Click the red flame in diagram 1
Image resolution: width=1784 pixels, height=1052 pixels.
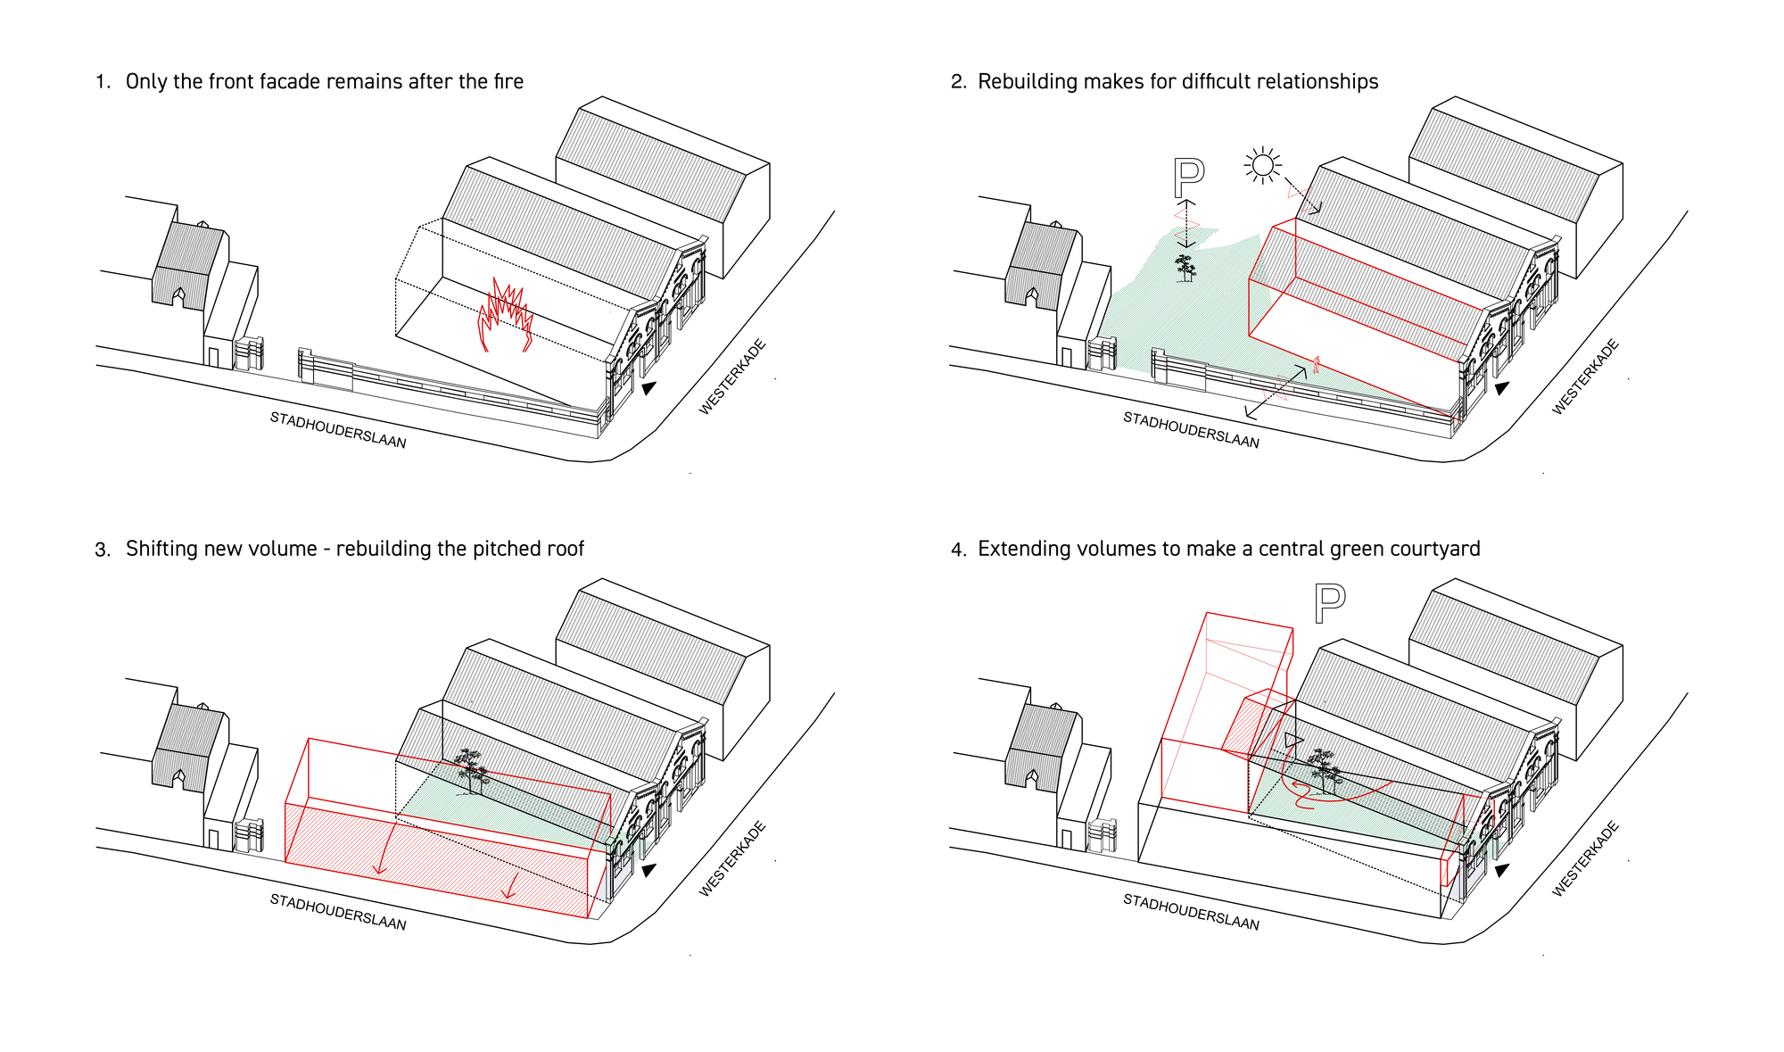pyautogui.click(x=506, y=315)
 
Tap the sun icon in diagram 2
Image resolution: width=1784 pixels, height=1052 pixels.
pyautogui.click(x=1262, y=165)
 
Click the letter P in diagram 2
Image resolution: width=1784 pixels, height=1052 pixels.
pyautogui.click(x=1188, y=178)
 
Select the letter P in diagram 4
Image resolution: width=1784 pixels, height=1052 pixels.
pyautogui.click(x=1329, y=603)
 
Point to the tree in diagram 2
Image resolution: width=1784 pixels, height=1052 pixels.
pyautogui.click(x=1185, y=269)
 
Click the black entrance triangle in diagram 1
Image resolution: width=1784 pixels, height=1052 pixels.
pyautogui.click(x=648, y=388)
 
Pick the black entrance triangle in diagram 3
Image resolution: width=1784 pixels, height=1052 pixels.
pyautogui.click(x=648, y=870)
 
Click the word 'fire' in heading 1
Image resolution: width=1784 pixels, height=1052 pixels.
pyautogui.click(x=508, y=81)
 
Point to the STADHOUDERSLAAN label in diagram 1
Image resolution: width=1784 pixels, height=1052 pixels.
pyautogui.click(x=338, y=430)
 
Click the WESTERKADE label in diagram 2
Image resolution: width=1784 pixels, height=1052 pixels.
pyautogui.click(x=1585, y=377)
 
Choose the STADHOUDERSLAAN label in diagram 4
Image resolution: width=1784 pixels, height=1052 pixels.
pyautogui.click(x=1192, y=912)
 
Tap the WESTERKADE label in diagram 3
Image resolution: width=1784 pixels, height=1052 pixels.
pyautogui.click(x=732, y=858)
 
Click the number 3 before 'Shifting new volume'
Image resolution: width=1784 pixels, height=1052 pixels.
pyautogui.click(x=102, y=550)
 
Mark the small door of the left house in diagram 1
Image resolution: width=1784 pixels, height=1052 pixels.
pyautogui.click(x=213, y=357)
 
